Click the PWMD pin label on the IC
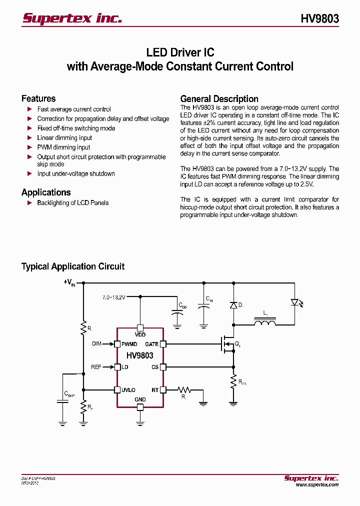[129, 344]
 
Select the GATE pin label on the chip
[151, 344]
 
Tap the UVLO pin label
[128, 390]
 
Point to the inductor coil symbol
[265, 323]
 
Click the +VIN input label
[69, 282]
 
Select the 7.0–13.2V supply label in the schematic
[114, 297]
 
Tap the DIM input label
[96, 344]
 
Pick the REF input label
[96, 367]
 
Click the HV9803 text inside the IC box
[140, 355]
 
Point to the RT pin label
[155, 390]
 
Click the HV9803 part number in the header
[319, 18]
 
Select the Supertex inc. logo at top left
[72, 18]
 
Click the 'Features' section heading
[38, 98]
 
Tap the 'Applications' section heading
[46, 192]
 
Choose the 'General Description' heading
[219, 98]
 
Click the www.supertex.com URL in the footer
[317, 484]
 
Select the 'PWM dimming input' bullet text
[63, 147]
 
